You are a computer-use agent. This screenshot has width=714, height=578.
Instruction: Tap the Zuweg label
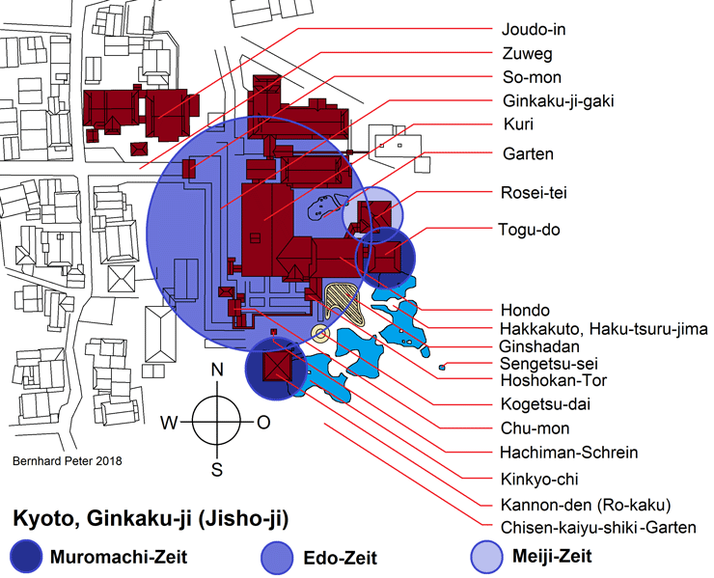[x=528, y=53]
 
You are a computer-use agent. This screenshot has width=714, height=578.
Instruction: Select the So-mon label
[x=532, y=77]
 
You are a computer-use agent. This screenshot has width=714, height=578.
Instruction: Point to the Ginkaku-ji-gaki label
[x=559, y=102]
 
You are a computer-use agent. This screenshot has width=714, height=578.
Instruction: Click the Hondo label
[x=524, y=311]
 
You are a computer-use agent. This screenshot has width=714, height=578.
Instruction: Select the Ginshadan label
[x=539, y=346]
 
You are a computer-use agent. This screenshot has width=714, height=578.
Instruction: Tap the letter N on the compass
[x=217, y=371]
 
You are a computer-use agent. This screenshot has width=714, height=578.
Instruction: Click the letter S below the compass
[x=217, y=470]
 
